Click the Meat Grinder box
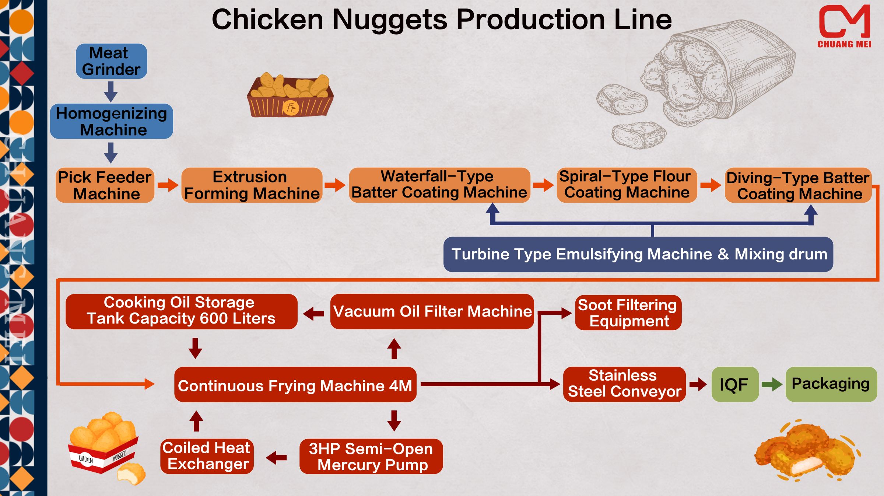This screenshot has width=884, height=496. click(x=111, y=61)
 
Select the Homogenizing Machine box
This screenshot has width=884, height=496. click(x=111, y=121)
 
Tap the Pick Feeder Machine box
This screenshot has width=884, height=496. click(x=105, y=185)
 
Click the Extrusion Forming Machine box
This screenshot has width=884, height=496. click(x=252, y=185)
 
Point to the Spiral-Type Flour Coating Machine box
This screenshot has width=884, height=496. click(x=627, y=185)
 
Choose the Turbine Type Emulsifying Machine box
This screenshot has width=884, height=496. click(x=638, y=254)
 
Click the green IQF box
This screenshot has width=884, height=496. click(x=734, y=384)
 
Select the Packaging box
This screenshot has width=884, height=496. click(x=831, y=384)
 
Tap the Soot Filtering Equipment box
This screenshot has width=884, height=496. click(x=628, y=313)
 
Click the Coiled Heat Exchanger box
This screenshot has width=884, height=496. click(x=207, y=456)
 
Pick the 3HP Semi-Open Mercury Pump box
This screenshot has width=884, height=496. click(x=371, y=457)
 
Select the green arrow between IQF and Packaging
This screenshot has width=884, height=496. click(x=772, y=385)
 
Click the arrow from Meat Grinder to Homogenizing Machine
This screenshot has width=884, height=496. click(x=110, y=91)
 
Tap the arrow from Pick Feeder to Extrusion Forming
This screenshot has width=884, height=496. click(x=168, y=185)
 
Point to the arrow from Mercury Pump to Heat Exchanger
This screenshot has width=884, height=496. click(x=276, y=458)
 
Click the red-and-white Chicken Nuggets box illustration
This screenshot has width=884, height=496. click(x=105, y=448)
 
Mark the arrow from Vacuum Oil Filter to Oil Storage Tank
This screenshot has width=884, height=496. click(x=313, y=314)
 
